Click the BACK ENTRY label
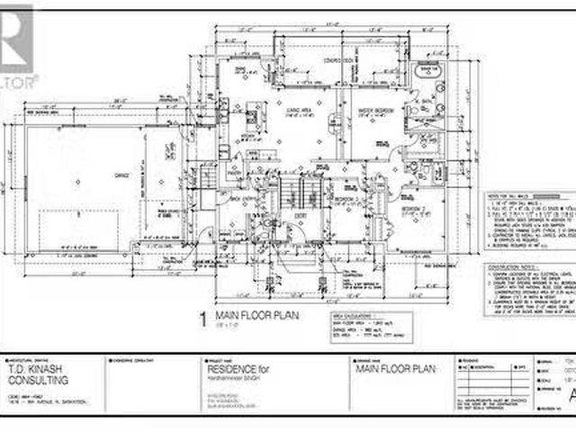click(238, 198)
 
